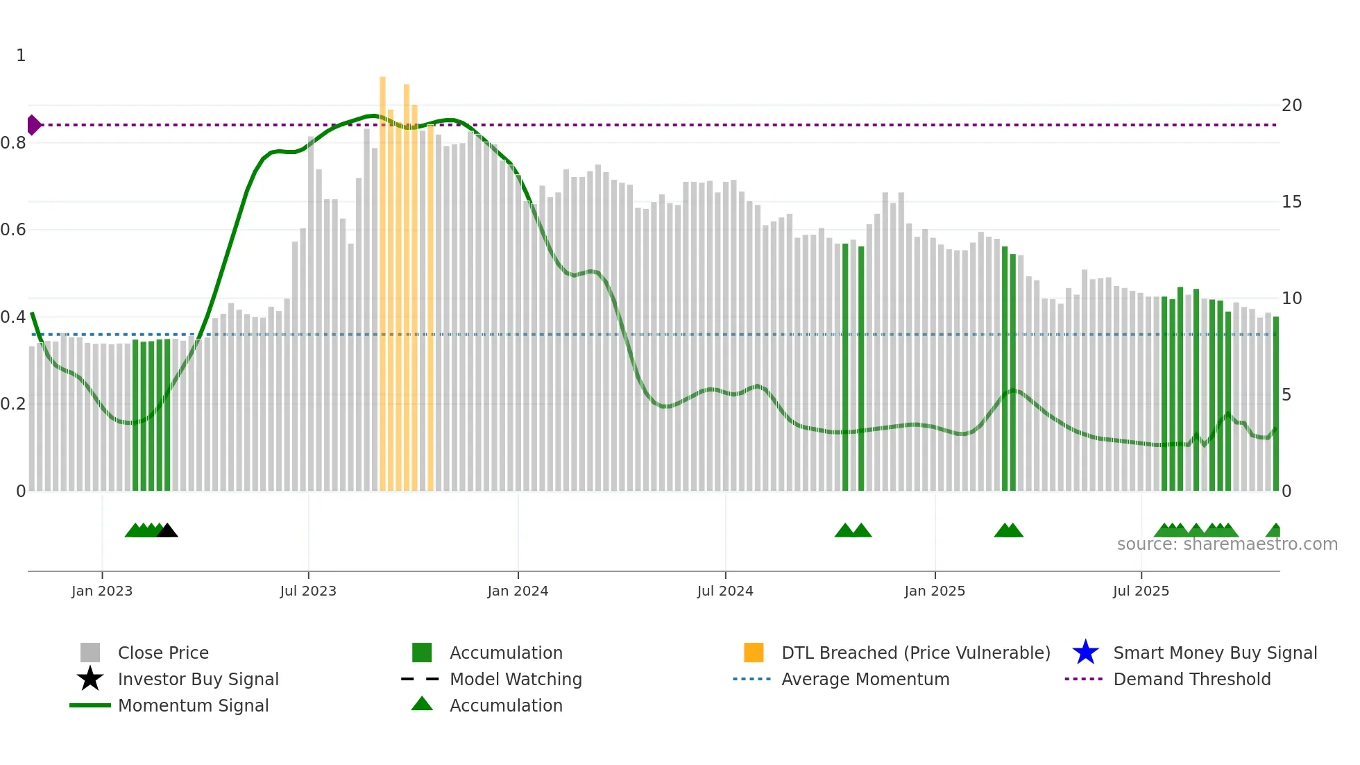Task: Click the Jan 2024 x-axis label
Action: [518, 591]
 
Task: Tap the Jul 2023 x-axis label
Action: [308, 591]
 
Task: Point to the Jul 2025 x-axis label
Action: [1141, 591]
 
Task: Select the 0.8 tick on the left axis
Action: [13, 143]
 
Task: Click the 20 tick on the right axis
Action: [1291, 106]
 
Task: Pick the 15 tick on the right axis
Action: [1291, 202]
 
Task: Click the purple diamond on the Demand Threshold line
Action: [33, 125]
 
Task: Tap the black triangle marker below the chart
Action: [167, 531]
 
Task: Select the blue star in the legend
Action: [1085, 653]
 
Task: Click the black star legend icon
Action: [90, 679]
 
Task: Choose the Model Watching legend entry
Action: [516, 679]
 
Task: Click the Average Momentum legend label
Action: [865, 679]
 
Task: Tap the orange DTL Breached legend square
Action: [754, 653]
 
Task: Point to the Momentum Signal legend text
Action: [193, 705]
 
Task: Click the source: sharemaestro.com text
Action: [1227, 544]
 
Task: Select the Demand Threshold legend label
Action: [1191, 679]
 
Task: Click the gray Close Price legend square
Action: [90, 653]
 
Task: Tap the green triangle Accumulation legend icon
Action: [422, 704]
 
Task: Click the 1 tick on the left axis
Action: [21, 56]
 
